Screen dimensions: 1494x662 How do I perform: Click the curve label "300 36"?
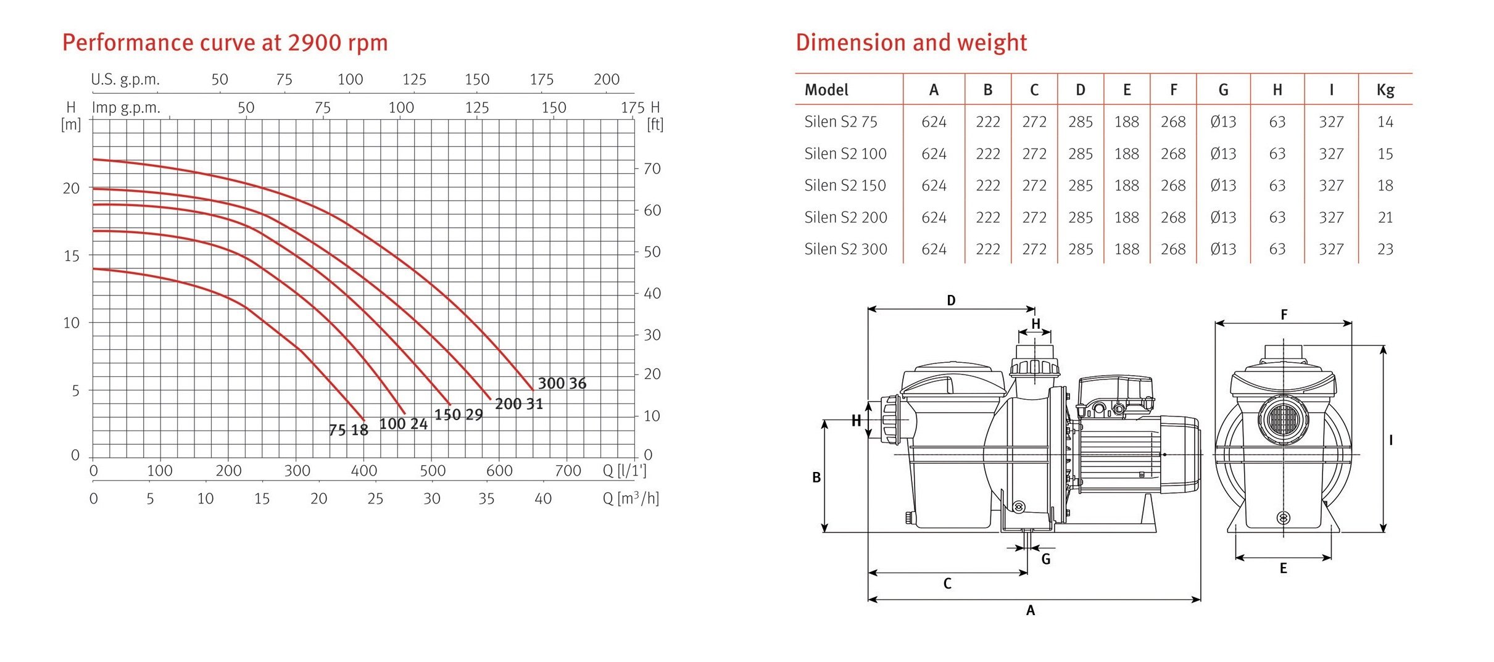[562, 383]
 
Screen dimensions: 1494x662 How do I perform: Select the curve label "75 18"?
[349, 430]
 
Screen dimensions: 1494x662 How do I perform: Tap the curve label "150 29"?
[459, 415]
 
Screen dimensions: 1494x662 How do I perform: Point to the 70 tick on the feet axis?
[652, 168]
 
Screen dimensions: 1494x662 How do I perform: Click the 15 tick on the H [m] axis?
[72, 255]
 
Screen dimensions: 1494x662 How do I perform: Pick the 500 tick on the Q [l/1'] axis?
[433, 471]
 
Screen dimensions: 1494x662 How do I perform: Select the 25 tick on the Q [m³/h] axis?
[375, 499]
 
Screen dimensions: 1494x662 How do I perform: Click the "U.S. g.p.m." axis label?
[125, 80]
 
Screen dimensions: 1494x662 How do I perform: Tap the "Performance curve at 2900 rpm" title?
[225, 43]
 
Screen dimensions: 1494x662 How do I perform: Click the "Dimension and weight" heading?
[911, 43]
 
